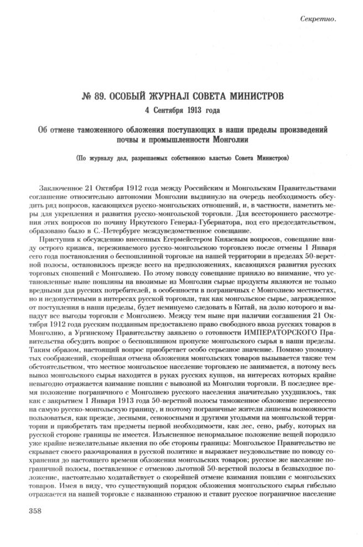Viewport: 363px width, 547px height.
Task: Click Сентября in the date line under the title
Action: (x=165, y=109)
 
